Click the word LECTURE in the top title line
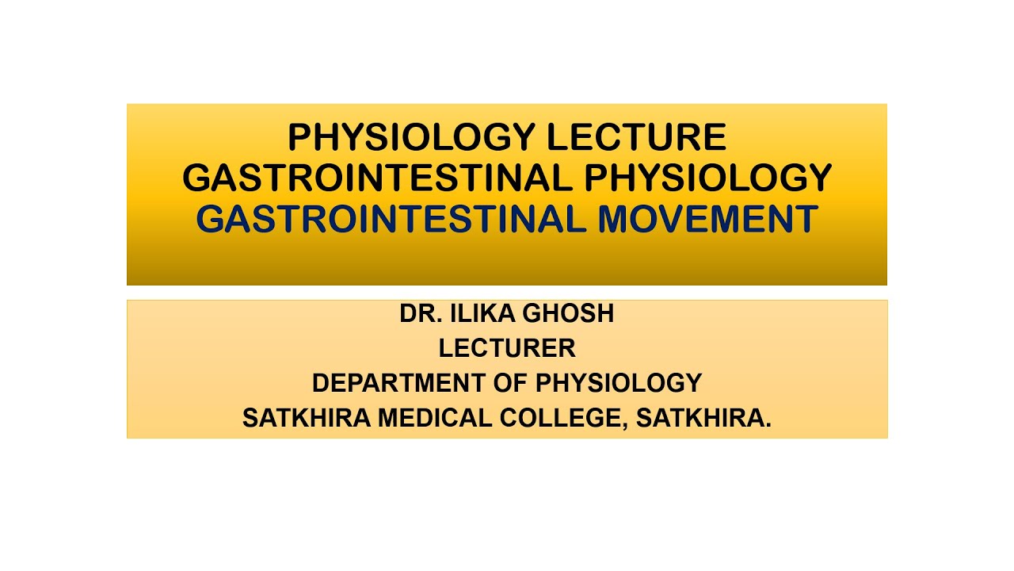(x=636, y=138)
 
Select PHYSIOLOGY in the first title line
(x=412, y=138)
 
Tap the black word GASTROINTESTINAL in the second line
(x=377, y=178)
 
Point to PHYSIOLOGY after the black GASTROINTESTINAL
(x=707, y=178)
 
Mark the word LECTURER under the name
(x=507, y=348)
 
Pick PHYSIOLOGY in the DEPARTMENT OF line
(x=619, y=383)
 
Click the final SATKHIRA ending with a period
(x=702, y=418)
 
